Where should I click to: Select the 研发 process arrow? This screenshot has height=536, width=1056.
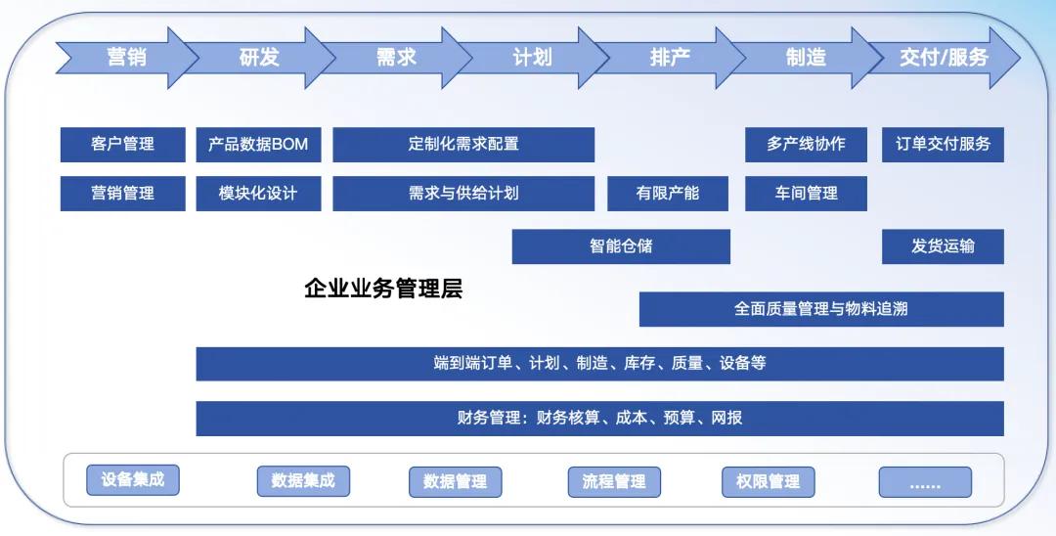pyautogui.click(x=259, y=58)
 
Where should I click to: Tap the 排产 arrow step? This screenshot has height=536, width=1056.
pyautogui.click(x=670, y=58)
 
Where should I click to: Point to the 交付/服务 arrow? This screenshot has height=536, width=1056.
pyautogui.click(x=944, y=58)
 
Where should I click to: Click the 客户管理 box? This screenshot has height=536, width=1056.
pyautogui.click(x=122, y=144)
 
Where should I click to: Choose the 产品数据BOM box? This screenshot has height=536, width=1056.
pyautogui.click(x=258, y=144)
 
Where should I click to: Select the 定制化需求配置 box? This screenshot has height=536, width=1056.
pyautogui.click(x=463, y=144)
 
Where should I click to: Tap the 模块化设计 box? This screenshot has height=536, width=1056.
pyautogui.click(x=258, y=194)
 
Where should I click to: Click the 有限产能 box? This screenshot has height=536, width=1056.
pyautogui.click(x=668, y=194)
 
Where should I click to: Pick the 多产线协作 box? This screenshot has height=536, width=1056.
pyautogui.click(x=806, y=144)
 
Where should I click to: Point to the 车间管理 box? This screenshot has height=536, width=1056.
pyautogui.click(x=806, y=194)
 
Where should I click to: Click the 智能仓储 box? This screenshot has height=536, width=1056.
pyautogui.click(x=621, y=246)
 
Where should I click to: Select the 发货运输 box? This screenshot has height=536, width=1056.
pyautogui.click(x=943, y=246)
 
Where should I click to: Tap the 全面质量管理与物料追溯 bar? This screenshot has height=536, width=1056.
pyautogui.click(x=821, y=309)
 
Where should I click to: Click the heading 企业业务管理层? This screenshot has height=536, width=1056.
pyautogui.click(x=383, y=289)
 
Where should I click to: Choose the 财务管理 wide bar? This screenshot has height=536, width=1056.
pyautogui.click(x=599, y=419)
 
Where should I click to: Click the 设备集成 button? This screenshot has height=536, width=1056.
pyautogui.click(x=133, y=480)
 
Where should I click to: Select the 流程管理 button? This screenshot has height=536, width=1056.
pyautogui.click(x=614, y=482)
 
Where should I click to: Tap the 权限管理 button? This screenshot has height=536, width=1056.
pyautogui.click(x=769, y=482)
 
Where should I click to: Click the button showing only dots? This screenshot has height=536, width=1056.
pyautogui.click(x=925, y=482)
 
